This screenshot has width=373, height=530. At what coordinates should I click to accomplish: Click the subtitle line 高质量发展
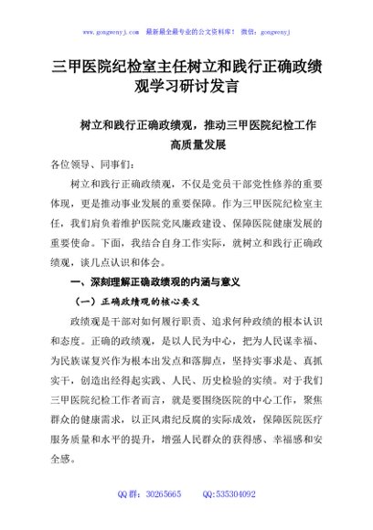click(x=197, y=144)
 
